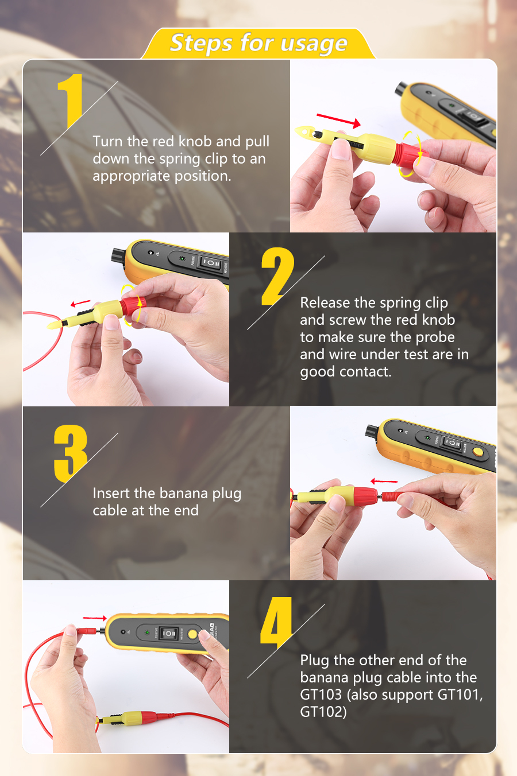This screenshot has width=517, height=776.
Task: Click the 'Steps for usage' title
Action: [258, 43]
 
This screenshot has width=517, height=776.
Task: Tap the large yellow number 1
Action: [71, 100]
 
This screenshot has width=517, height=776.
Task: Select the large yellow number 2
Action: [277, 276]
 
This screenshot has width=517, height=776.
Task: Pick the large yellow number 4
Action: [276, 623]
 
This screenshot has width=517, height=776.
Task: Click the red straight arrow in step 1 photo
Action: [338, 120]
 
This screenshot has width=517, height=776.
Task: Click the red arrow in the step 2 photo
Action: [80, 304]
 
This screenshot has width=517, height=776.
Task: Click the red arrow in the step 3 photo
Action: [384, 481]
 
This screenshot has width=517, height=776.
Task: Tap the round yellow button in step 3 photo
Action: [478, 451]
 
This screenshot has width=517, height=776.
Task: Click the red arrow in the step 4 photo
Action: [95, 618]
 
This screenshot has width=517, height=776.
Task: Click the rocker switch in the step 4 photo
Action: [169, 634]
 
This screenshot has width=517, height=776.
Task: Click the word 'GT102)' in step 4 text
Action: [323, 712]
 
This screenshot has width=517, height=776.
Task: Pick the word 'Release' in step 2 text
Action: [325, 303]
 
